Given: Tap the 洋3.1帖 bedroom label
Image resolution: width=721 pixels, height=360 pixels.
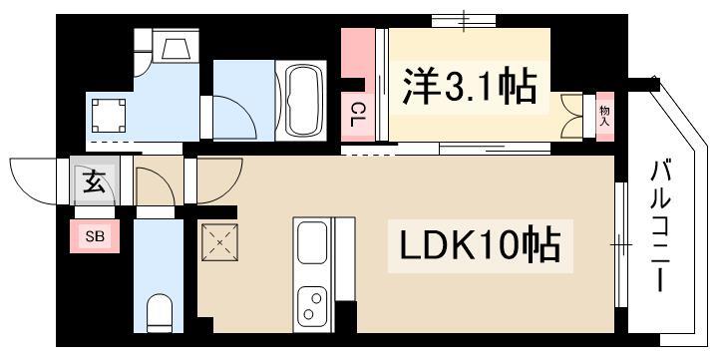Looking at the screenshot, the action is [470, 86].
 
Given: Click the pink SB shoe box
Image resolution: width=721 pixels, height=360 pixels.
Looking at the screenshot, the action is [95, 236].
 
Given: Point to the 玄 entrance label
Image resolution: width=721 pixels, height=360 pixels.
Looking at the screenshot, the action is [94, 181].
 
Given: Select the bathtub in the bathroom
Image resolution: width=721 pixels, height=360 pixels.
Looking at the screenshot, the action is [300, 101].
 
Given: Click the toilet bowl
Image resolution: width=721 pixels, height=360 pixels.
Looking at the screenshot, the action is [160, 313].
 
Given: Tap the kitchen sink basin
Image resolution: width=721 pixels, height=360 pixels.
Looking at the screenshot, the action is [313, 242].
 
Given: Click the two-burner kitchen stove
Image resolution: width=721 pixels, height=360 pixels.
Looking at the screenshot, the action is [312, 305].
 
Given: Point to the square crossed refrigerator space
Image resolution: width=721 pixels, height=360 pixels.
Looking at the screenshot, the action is [219, 242].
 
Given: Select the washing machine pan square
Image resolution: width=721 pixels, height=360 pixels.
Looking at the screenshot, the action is [109, 116].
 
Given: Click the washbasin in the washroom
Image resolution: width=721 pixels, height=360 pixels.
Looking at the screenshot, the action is [176, 48].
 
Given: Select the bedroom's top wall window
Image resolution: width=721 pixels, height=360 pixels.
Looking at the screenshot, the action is [464, 21].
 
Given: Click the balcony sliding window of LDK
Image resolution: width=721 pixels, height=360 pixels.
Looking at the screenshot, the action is [620, 244].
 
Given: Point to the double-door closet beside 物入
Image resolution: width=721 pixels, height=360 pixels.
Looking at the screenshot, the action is [572, 116].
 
